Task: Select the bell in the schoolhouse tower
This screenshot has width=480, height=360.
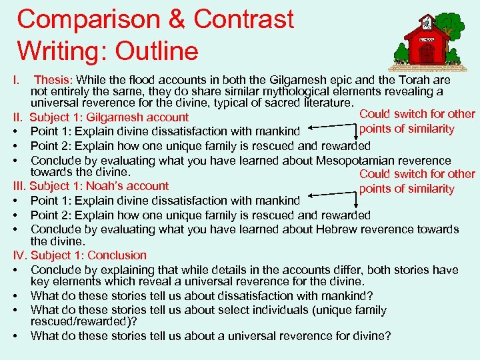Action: (x=426, y=19)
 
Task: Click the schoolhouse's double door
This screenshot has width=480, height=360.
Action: (x=427, y=55)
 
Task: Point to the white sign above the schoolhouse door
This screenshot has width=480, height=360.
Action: (x=427, y=39)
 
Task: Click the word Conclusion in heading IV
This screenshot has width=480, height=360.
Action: (x=117, y=255)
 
